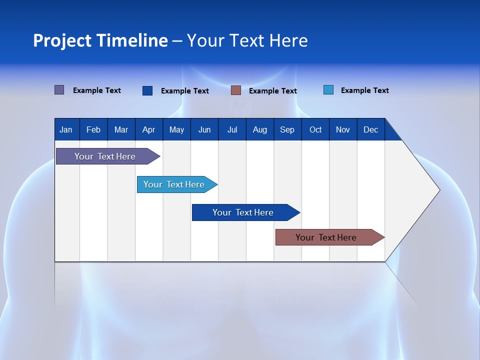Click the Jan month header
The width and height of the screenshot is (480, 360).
pyautogui.click(x=66, y=129)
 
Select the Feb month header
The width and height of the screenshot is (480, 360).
pyautogui.click(x=93, y=129)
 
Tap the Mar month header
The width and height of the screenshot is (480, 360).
pyautogui.click(x=121, y=129)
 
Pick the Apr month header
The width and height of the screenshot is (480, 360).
pyautogui.click(x=149, y=129)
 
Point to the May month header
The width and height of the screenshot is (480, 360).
pyautogui.click(x=176, y=129)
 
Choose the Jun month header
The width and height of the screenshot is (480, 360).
pyautogui.click(x=204, y=129)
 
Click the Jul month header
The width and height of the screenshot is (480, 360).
pyautogui.click(x=232, y=129)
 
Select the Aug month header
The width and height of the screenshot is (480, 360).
pyautogui.click(x=260, y=129)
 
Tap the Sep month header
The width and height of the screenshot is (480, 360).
pyautogui.click(x=287, y=129)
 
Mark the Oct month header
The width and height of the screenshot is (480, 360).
pyautogui.click(x=315, y=129)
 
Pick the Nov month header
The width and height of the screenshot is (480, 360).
pyautogui.click(x=343, y=129)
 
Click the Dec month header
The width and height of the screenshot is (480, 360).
pyautogui.click(x=371, y=129)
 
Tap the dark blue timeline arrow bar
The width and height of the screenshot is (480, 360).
pyautogui.click(x=243, y=212)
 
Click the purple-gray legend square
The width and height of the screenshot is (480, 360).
pyautogui.click(x=59, y=90)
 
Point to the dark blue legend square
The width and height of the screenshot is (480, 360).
pyautogui.click(x=147, y=90)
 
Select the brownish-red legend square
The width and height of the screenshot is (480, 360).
pyautogui.click(x=236, y=90)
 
